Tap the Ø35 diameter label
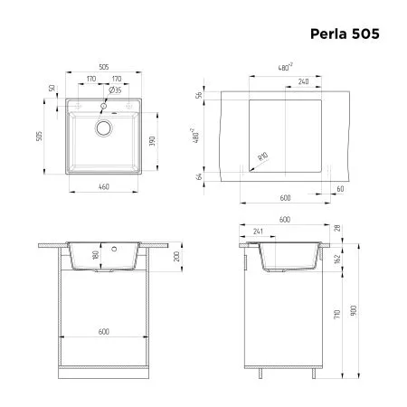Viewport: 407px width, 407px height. coord(117,91)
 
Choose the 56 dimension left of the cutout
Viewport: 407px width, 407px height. coord(202,96)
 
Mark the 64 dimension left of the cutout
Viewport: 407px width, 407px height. coord(202,177)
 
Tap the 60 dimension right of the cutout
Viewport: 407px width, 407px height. coord(339,189)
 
